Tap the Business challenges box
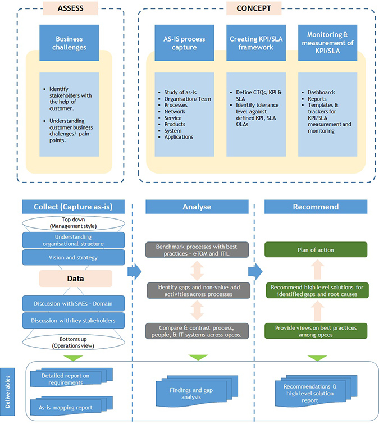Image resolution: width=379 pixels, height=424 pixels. tap(69, 43)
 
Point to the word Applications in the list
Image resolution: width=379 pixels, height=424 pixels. tap(180, 137)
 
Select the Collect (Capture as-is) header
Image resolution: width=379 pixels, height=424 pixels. tap(74, 207)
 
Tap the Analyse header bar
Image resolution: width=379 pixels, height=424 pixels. tap(197, 207)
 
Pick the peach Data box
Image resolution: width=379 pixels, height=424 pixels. tap(75, 278)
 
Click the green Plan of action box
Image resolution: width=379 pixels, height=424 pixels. tap(316, 249)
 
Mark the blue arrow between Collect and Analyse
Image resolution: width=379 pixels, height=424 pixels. tap(134, 272)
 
